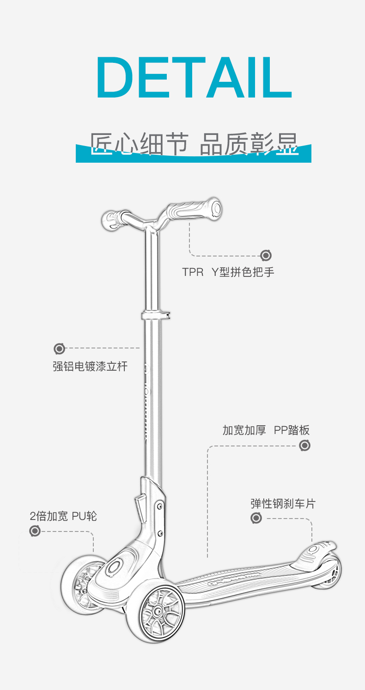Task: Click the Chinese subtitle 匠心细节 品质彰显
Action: coord(194,144)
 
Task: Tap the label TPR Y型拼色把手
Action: coord(228,272)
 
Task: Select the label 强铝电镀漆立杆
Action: coord(90,367)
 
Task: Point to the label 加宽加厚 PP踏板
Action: coord(266,430)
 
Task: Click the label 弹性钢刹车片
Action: coord(283,503)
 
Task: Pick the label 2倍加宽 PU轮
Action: coord(63,516)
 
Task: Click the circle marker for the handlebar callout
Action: coord(266,255)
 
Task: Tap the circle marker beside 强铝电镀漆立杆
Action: coord(59,348)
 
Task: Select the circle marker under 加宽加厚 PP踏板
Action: coord(304,446)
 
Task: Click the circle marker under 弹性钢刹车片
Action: coord(256,518)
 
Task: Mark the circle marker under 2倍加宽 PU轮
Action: coord(35,531)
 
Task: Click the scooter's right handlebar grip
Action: coord(196,210)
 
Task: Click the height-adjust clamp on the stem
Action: coord(155,316)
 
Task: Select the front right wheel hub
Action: coord(158,612)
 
